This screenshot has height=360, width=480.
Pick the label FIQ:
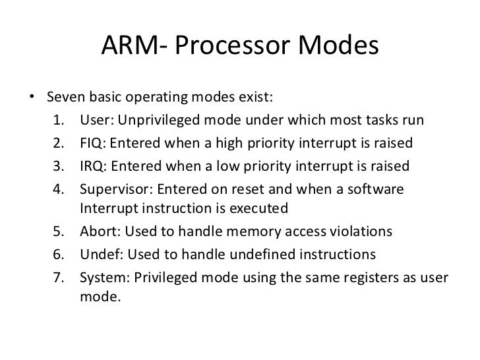93,143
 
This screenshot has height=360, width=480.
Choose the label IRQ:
94,165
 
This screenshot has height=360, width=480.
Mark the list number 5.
57,232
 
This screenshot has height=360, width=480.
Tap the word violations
358,232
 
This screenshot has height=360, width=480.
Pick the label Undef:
100,255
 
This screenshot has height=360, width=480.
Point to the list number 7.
57,277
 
